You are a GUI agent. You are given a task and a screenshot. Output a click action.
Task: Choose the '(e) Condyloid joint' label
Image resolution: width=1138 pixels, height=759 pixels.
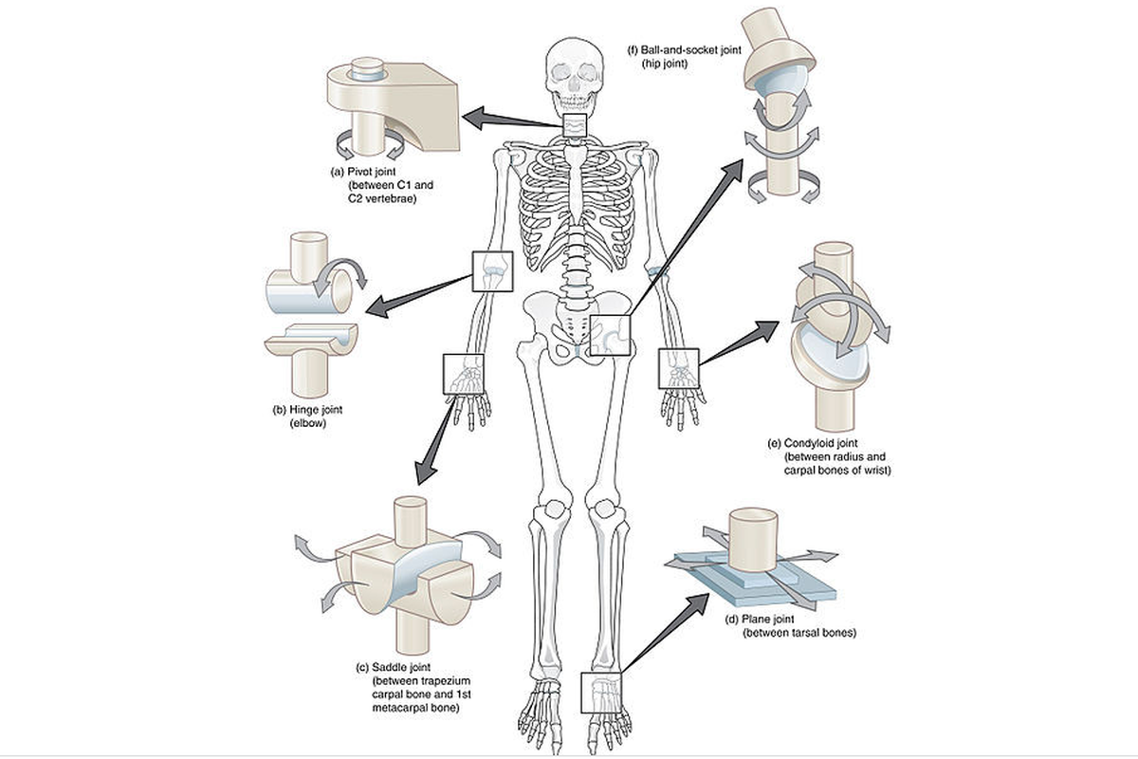817,443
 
